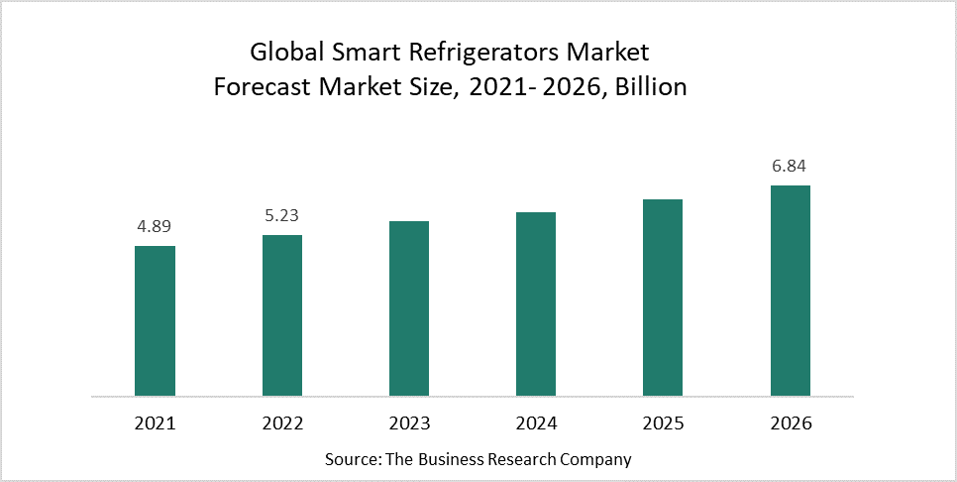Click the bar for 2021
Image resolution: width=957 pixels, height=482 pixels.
point(155,320)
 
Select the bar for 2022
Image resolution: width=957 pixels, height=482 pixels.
point(282,315)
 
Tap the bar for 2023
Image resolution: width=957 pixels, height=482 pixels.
point(409,308)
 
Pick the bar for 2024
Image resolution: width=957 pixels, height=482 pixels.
point(536,303)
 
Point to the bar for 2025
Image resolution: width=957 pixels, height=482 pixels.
point(663,298)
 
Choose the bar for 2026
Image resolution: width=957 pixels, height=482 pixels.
point(791,291)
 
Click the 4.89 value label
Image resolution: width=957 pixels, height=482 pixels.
point(155,226)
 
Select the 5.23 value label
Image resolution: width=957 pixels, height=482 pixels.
point(282,215)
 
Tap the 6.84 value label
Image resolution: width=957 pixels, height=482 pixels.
point(791,166)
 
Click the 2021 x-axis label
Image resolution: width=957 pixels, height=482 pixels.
point(155,423)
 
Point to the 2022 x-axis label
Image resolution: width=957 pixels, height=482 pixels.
point(282,423)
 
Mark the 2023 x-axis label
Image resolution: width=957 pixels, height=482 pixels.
point(409,423)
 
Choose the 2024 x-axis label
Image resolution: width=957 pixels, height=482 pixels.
point(536,423)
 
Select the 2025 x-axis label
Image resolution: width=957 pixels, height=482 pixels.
point(663,423)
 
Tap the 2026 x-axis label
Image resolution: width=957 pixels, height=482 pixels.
point(791,423)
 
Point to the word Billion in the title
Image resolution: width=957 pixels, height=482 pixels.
point(651,86)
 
